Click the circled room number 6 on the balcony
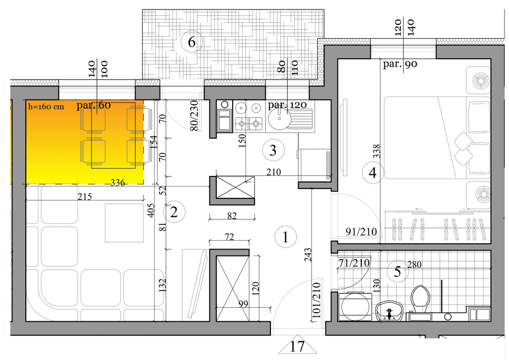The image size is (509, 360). pos(192,42)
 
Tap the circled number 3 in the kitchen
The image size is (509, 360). pos(273,150)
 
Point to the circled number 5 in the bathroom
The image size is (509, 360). pos(398,271)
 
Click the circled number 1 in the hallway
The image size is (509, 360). pos(286,237)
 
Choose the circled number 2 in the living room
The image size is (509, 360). pos(174,212)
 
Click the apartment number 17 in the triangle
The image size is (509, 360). pos(297,347)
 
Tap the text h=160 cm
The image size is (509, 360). pos(46,106)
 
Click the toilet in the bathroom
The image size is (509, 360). pos(420,300)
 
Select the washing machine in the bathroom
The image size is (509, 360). pos(355,307)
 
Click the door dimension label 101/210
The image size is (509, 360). pos(317,300)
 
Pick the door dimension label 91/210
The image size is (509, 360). pos(361,232)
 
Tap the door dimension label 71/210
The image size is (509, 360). pos(354,263)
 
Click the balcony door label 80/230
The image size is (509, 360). pos(194,115)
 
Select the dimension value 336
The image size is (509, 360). pos(117,183)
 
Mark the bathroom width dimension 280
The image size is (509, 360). pos(415,265)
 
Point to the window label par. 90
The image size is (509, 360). pos(400,64)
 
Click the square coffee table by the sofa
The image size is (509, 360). pos(124,223)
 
